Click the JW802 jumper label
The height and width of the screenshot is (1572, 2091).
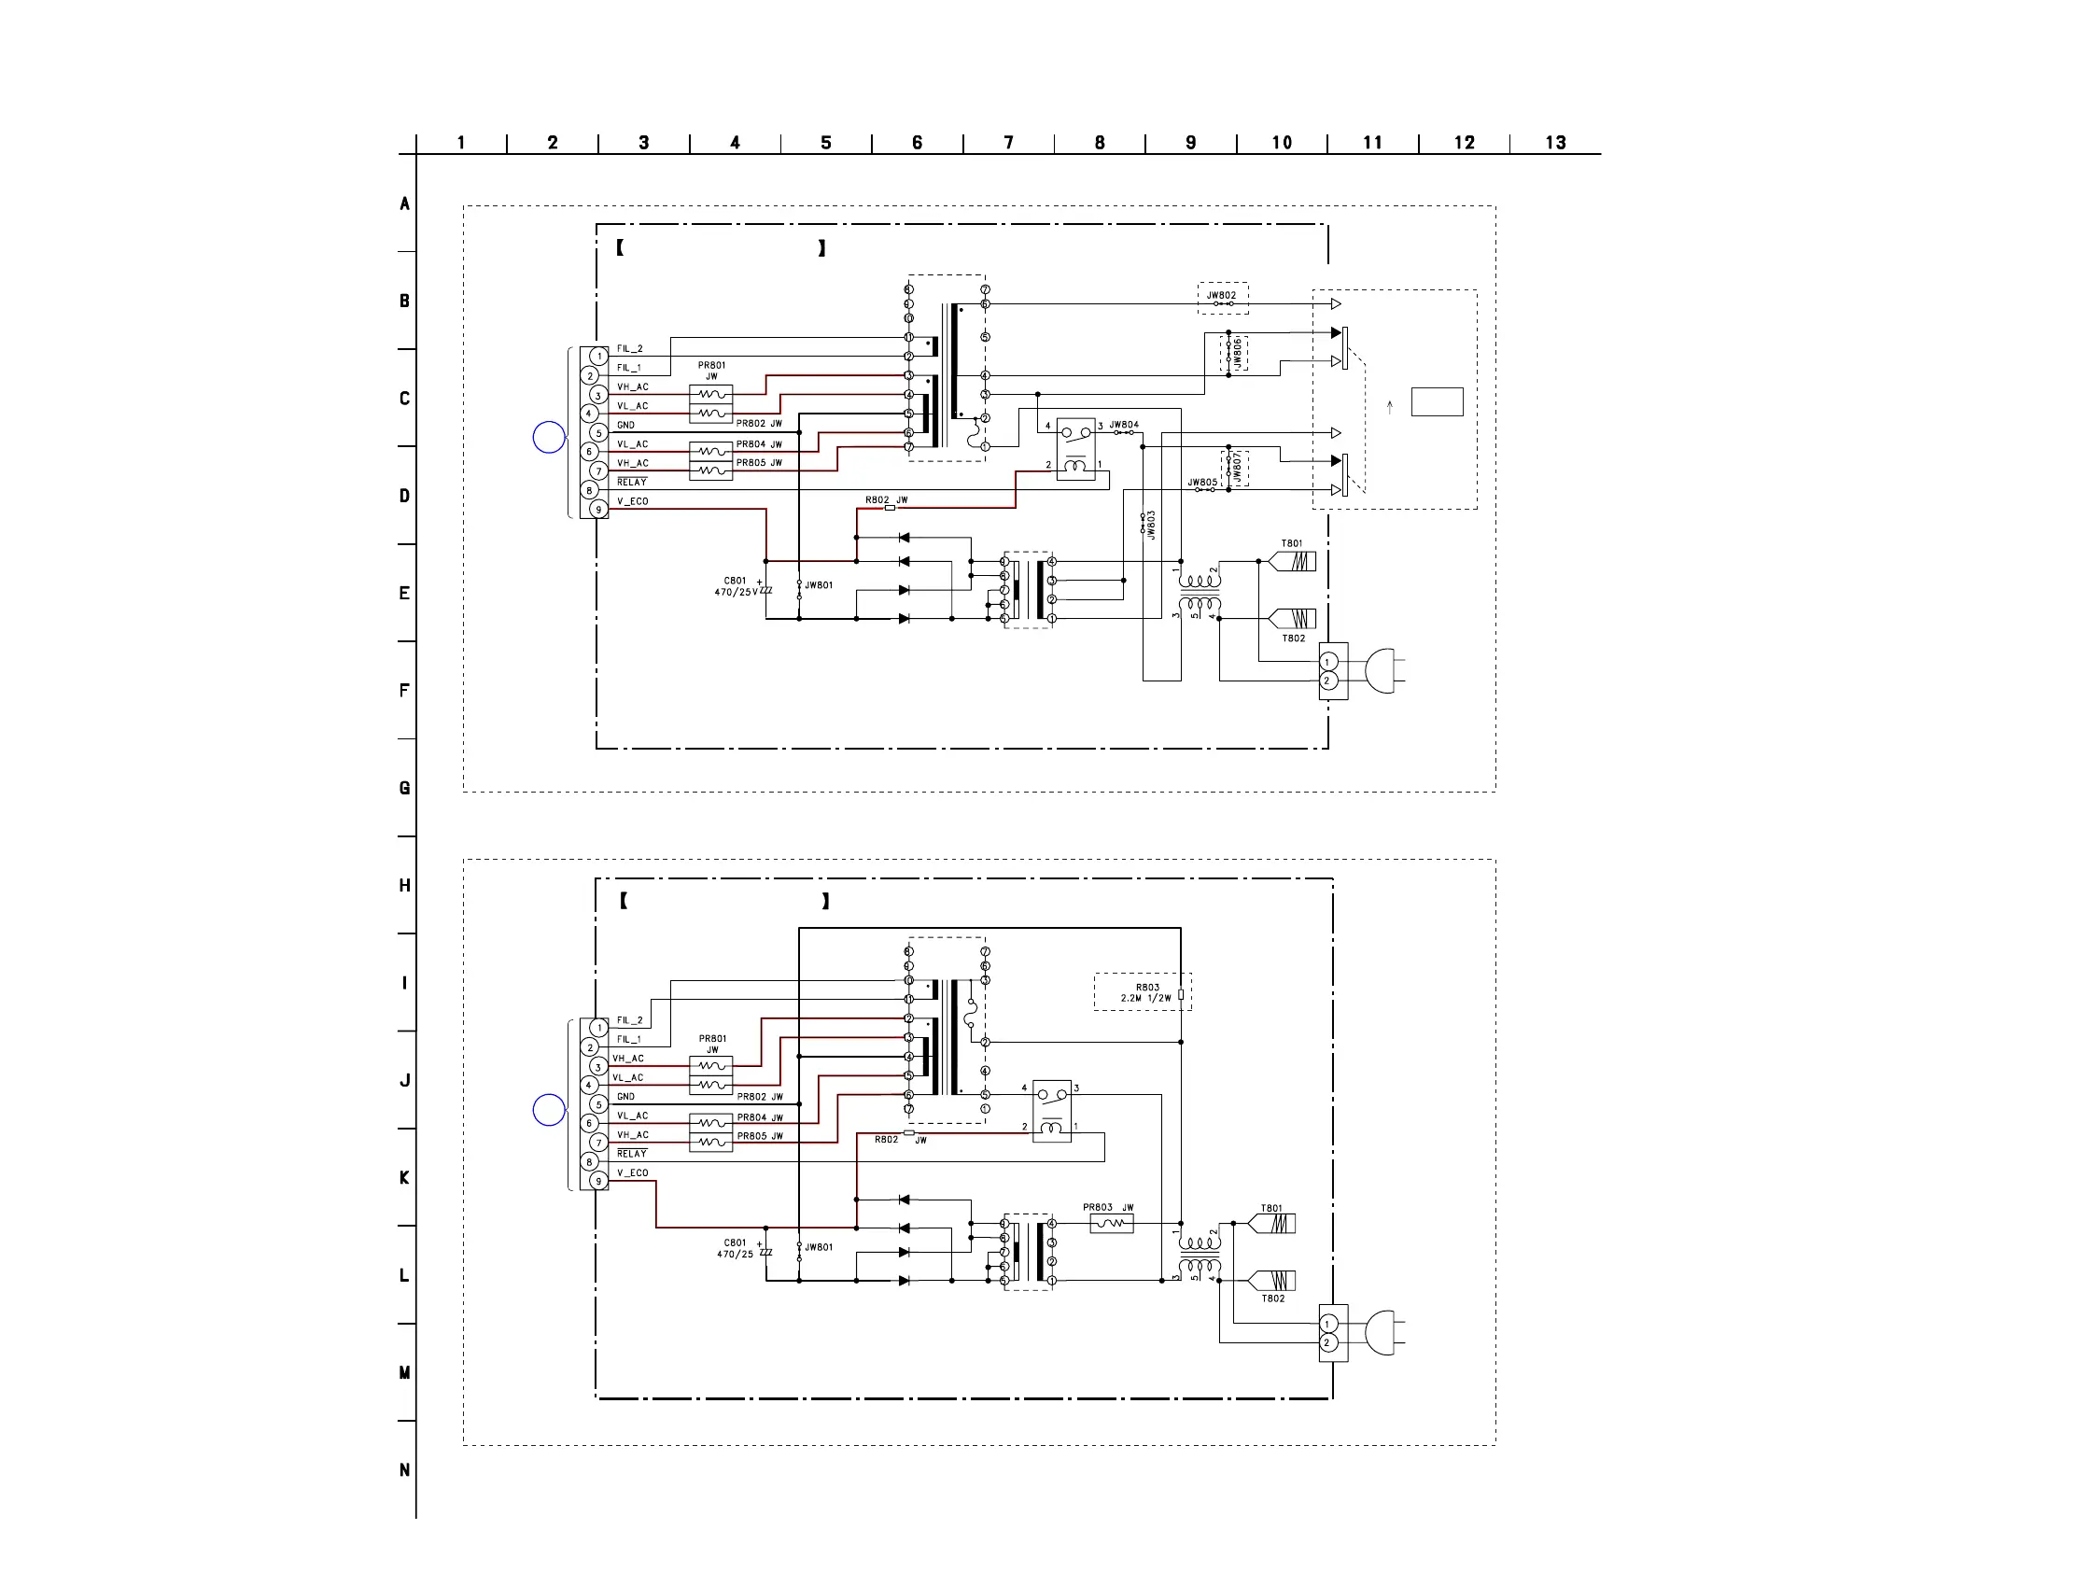point(1220,295)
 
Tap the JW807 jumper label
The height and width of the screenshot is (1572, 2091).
point(1237,467)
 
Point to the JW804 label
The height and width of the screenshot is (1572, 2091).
point(1124,426)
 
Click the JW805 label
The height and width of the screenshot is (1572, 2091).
point(1202,482)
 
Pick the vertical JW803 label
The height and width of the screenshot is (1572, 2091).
point(1151,526)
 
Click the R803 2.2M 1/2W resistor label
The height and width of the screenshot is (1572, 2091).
point(1146,992)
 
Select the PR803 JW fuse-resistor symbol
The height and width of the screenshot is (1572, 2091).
point(1112,1224)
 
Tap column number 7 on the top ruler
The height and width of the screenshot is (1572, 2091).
point(1009,143)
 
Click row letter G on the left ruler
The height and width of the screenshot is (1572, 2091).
point(404,789)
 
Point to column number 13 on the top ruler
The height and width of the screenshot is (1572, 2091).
point(1555,143)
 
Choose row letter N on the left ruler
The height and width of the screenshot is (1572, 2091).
point(404,1470)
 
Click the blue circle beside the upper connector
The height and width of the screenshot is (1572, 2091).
point(549,437)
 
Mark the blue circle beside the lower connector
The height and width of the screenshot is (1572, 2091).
point(549,1110)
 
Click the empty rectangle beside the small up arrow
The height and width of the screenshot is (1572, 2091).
point(1437,401)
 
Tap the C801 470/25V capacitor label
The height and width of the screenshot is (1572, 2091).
point(737,586)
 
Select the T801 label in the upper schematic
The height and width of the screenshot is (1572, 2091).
point(1291,543)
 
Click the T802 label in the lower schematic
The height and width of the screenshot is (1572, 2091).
point(1273,1298)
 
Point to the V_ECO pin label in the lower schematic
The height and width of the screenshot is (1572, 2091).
point(632,1173)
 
